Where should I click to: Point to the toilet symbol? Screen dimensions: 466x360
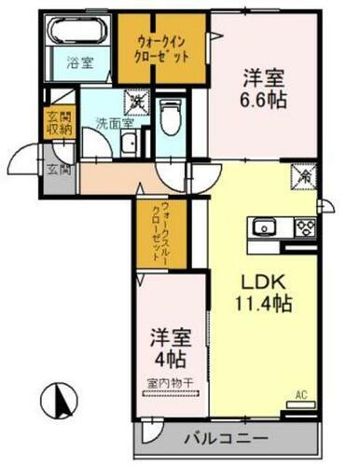tap(170, 117)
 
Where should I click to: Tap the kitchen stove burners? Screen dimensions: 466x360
tap(305, 226)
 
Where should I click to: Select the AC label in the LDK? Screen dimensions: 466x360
tap(299, 395)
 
